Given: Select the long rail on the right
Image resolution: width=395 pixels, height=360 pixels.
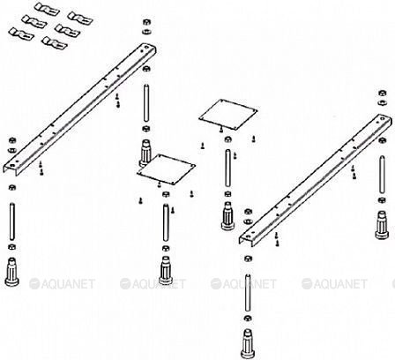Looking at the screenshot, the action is (316, 180).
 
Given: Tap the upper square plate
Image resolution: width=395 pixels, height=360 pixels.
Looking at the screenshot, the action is (228, 115).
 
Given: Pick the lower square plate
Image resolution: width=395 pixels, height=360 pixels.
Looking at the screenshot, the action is (167, 169).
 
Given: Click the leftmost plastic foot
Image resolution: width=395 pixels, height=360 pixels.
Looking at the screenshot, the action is (11, 271).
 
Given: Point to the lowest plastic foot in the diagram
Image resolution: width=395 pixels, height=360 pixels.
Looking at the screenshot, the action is (248, 343).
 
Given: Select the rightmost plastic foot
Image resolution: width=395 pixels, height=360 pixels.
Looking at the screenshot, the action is (383, 225).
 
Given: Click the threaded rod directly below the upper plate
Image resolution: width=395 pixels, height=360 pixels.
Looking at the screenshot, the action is (227, 168).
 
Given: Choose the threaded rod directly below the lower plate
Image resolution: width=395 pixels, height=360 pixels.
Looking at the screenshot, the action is (166, 222).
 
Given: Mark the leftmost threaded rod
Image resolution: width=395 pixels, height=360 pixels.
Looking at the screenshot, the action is (12, 221).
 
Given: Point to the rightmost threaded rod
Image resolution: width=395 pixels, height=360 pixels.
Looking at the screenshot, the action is (382, 175).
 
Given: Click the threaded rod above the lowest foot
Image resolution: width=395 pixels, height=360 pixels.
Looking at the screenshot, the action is (249, 292).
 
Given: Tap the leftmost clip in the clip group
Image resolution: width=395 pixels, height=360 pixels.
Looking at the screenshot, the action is (21, 34).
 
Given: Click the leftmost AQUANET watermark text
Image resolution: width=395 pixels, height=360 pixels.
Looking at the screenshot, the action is (68, 284).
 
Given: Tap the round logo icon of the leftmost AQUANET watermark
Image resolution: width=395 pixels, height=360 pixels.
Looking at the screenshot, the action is (34, 284).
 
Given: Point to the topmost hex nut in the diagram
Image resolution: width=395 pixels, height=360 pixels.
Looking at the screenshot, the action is (146, 22).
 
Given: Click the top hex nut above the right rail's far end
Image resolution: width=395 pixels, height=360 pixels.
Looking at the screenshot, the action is (383, 94).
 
